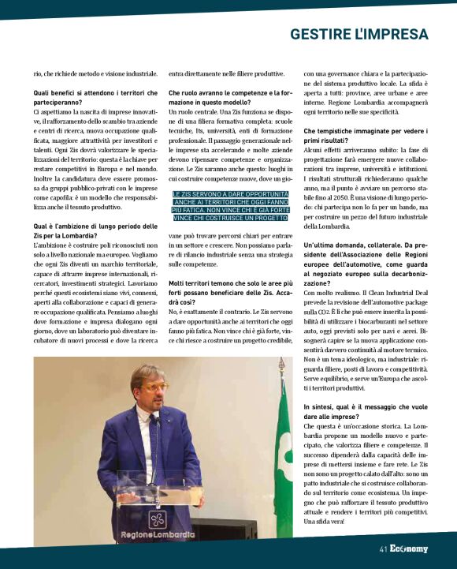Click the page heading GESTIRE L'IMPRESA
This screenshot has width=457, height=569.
(x=359, y=34)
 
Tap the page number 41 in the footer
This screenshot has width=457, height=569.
(x=383, y=548)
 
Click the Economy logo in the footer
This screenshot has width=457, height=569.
(x=409, y=548)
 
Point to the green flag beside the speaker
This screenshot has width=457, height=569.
(x=282, y=458)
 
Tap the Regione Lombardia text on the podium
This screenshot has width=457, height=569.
(x=158, y=534)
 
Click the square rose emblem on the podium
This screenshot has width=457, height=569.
(x=158, y=518)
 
